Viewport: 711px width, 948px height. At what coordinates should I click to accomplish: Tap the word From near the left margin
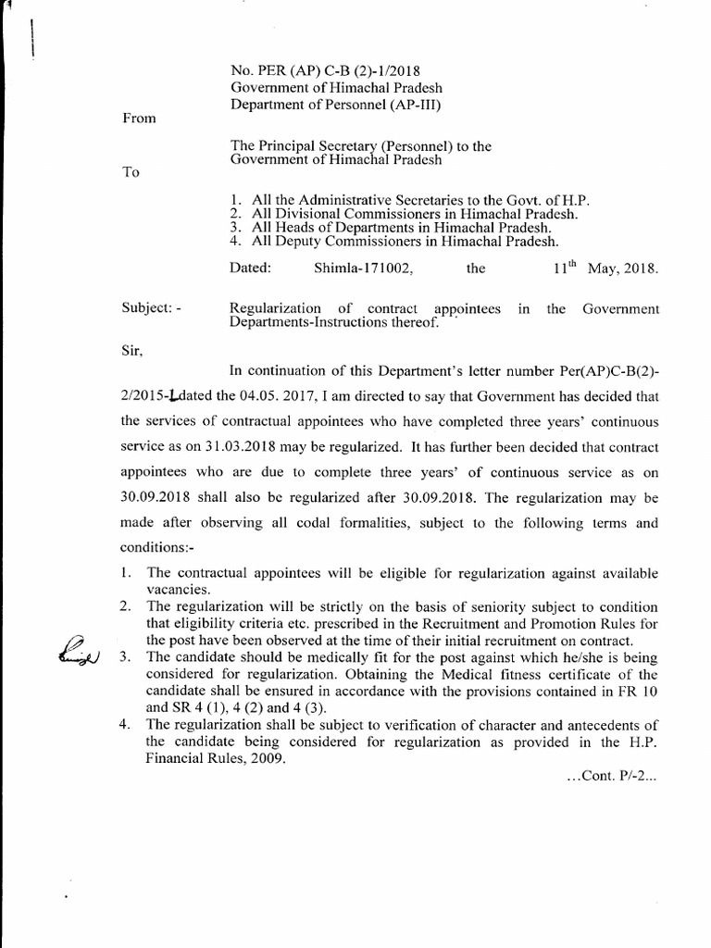(x=138, y=118)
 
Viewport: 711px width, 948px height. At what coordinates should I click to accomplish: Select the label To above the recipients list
(x=130, y=176)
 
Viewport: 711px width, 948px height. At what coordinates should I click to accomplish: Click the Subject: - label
(x=152, y=308)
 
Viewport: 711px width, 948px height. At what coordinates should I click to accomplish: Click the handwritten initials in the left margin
(x=81, y=650)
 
